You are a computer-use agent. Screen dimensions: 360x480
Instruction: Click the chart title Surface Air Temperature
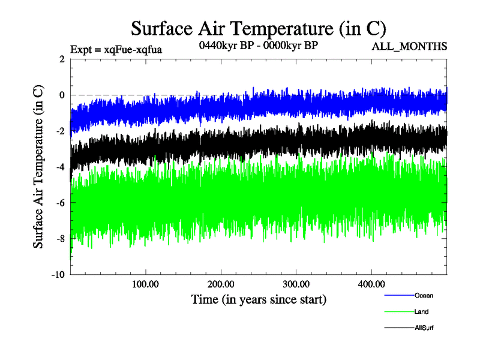[x=258, y=28]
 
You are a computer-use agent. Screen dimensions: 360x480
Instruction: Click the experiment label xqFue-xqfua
[x=116, y=48]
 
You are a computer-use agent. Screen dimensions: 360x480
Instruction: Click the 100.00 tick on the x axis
[x=145, y=284]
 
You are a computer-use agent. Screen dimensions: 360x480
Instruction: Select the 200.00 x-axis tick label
[x=221, y=284]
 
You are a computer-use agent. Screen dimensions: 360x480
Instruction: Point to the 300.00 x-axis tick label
[x=296, y=284]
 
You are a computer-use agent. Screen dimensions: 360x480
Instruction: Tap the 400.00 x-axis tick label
[x=371, y=284]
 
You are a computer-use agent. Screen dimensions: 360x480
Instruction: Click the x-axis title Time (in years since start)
[x=259, y=299]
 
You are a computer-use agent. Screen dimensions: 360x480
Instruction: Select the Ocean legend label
[x=424, y=295]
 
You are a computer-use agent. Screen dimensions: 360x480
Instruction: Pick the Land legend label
[x=421, y=311]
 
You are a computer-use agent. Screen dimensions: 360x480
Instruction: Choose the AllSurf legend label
[x=424, y=328]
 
